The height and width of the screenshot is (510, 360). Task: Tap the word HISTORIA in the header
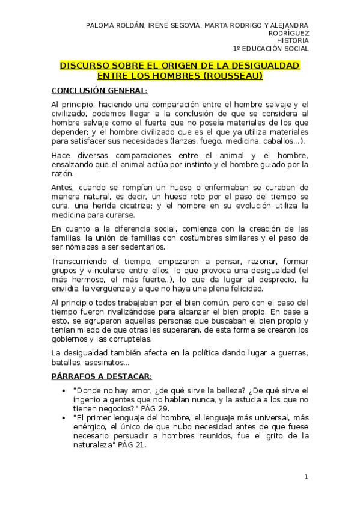pyautogui.click(x=293, y=41)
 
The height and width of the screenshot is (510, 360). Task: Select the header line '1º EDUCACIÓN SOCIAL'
pyautogui.click(x=270, y=49)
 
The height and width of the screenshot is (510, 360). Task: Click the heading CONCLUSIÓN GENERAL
pyautogui.click(x=99, y=91)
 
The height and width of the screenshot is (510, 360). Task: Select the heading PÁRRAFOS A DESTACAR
pyautogui.click(x=102, y=376)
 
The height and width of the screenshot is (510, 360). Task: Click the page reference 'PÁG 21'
pyautogui.click(x=132, y=446)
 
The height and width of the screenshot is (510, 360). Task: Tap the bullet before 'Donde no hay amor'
pyautogui.click(x=64, y=390)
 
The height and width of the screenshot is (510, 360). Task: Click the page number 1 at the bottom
pyautogui.click(x=306, y=477)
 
